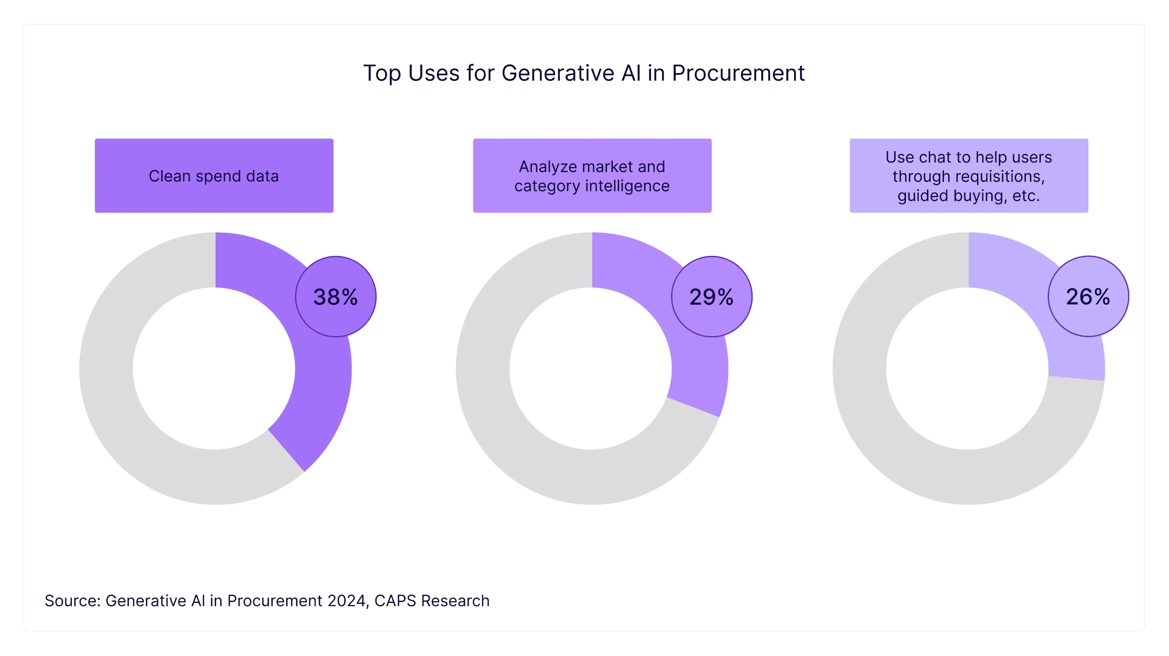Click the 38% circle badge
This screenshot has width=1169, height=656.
pos(336,297)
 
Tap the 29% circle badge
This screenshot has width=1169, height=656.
pos(712,297)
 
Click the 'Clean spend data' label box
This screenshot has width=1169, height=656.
pos(214,176)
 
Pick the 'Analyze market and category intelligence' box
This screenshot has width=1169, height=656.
pos(592,176)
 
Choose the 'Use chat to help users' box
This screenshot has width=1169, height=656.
pos(969,176)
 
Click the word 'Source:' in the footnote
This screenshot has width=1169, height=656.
pos(73,601)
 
